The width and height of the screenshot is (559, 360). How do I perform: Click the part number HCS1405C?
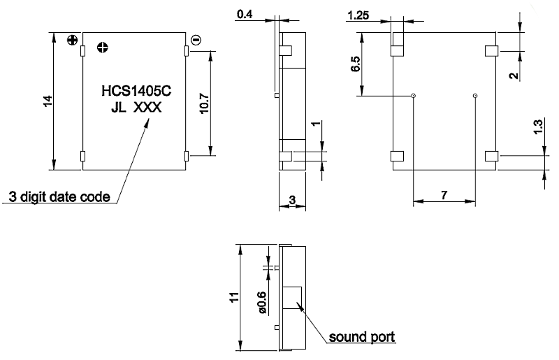pos(133,91)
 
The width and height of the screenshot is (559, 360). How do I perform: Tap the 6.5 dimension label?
pos(356,65)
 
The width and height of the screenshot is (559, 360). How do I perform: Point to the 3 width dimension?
pos(292,201)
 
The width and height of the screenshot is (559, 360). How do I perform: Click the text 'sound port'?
pos(363,337)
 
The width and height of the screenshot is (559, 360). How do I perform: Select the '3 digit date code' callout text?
pos(59,196)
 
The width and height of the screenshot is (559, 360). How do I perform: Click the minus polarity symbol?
pos(196,40)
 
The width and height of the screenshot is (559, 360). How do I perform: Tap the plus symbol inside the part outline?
pos(103,48)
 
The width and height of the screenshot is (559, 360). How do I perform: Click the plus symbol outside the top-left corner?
pos(71,40)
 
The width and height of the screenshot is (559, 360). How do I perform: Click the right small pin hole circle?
pos(475,96)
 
